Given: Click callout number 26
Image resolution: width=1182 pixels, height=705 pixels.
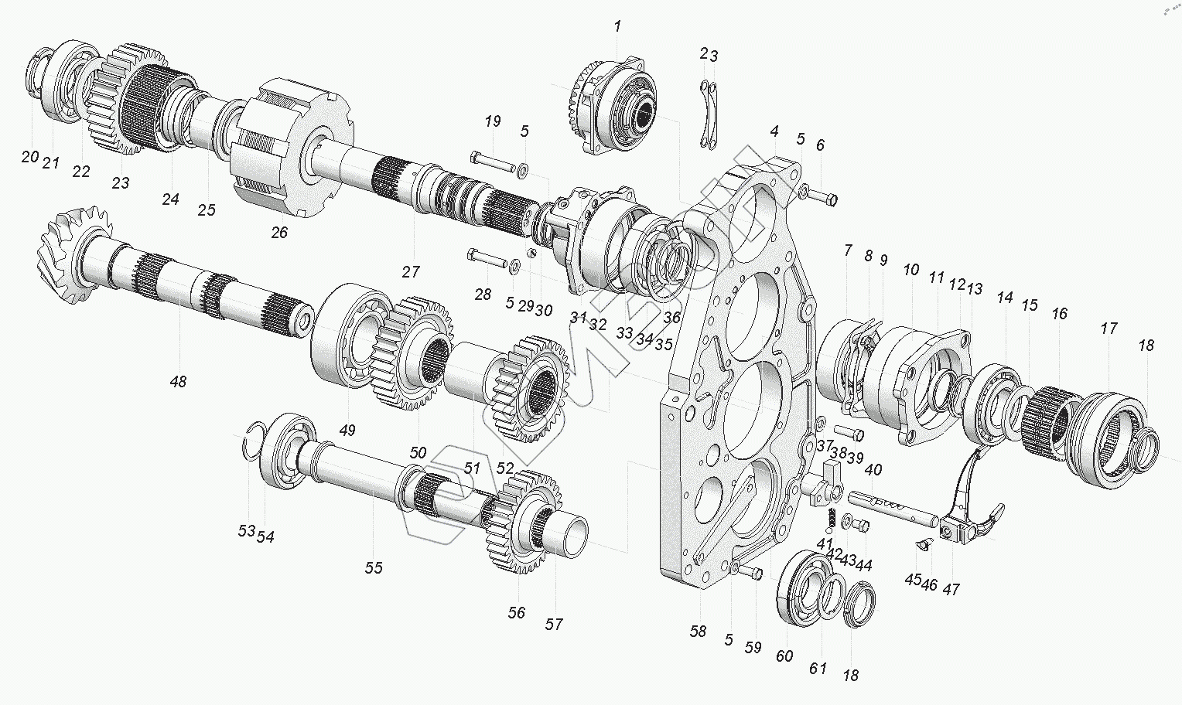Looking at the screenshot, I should coord(278,232).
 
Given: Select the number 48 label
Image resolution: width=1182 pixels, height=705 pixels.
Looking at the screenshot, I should coord(178,381).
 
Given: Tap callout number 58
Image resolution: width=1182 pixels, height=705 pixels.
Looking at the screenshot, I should coord(698,632).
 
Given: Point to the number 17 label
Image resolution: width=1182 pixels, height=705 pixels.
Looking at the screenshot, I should coord(1109,329).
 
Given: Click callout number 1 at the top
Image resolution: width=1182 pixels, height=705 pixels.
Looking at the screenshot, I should coord(617,27).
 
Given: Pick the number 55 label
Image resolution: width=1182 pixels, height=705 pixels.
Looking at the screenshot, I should coord(374,568).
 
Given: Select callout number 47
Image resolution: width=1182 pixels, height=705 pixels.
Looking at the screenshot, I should coord(951,589).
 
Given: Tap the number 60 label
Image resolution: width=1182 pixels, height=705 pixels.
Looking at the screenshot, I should coord(784,656).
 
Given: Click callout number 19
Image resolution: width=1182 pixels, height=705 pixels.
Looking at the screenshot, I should coord(492,121).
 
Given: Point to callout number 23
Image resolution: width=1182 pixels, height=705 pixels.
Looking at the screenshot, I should coord(120,183).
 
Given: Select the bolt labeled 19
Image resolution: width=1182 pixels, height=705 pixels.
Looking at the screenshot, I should coord(491,162).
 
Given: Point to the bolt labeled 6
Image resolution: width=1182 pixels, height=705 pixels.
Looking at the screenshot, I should coord(825,199).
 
